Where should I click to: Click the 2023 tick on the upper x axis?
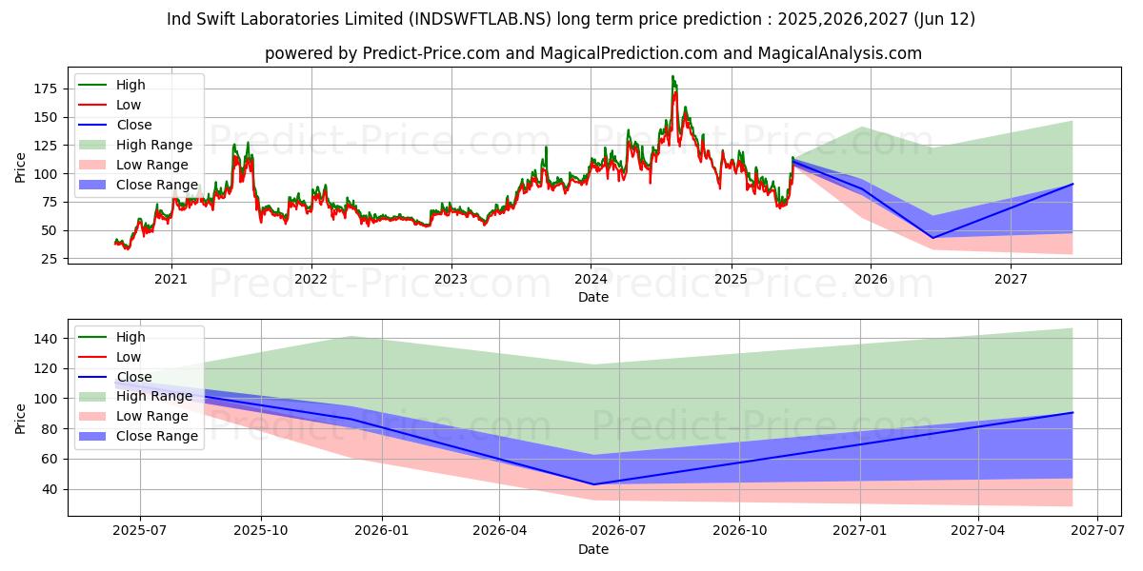point(451,280)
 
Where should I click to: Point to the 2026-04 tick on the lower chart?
point(500,533)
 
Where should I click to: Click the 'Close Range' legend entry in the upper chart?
point(156,185)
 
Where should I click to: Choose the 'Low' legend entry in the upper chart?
point(129,105)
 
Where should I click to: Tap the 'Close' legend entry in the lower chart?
point(133,377)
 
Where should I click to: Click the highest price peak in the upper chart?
point(672,76)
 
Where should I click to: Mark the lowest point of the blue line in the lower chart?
point(593,484)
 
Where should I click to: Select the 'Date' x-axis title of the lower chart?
point(592,549)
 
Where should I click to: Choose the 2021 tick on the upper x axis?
point(171,280)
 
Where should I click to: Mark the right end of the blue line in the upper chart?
point(1073,184)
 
